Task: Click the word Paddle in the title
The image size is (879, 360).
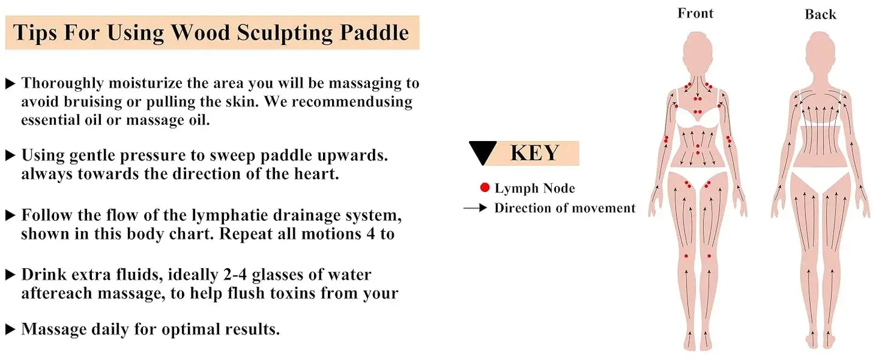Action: click(x=374, y=33)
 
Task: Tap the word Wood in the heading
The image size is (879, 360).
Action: click(x=201, y=33)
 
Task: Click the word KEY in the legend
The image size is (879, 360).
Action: click(x=535, y=153)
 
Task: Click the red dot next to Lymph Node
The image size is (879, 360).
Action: click(x=485, y=188)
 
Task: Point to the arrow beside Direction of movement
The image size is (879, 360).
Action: click(x=475, y=208)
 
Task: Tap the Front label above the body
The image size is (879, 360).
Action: click(x=695, y=13)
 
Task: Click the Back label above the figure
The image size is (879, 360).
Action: click(x=820, y=15)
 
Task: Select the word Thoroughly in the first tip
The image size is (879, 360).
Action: click(x=63, y=83)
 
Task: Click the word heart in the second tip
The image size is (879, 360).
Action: click(x=316, y=174)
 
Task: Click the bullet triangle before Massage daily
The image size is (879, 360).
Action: click(x=10, y=330)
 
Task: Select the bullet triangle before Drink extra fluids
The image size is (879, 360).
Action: click(x=10, y=275)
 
